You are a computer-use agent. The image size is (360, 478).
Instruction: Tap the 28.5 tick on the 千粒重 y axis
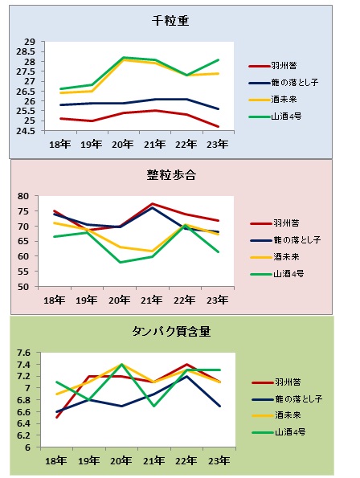[30, 51]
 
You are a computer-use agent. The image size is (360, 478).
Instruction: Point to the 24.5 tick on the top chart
[30, 131]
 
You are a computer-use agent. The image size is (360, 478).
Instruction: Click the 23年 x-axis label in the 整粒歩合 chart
[216, 300]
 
